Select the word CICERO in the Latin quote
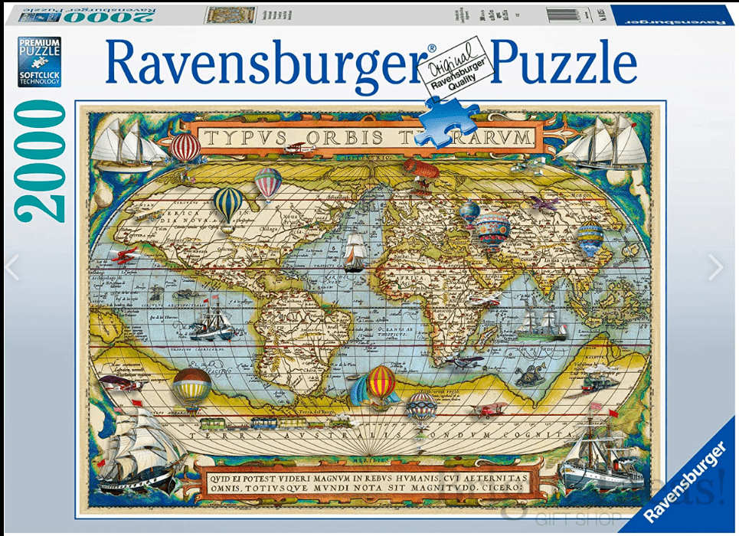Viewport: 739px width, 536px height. (x=493, y=485)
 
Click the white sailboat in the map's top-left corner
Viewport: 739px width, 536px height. (x=126, y=145)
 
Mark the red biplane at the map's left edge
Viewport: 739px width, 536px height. (x=123, y=255)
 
